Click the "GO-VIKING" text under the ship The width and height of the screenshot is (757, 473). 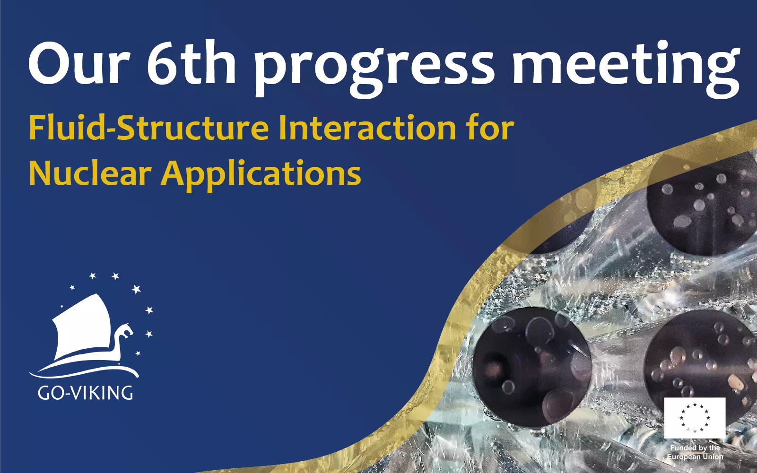(85, 393)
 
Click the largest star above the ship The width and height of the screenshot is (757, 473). (136, 289)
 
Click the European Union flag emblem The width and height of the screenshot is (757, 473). (695, 418)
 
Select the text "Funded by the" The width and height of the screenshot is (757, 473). (695, 447)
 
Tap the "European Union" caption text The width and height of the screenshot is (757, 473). (695, 456)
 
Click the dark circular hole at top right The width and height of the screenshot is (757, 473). (702, 210)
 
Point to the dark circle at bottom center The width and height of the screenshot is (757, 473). (532, 368)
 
